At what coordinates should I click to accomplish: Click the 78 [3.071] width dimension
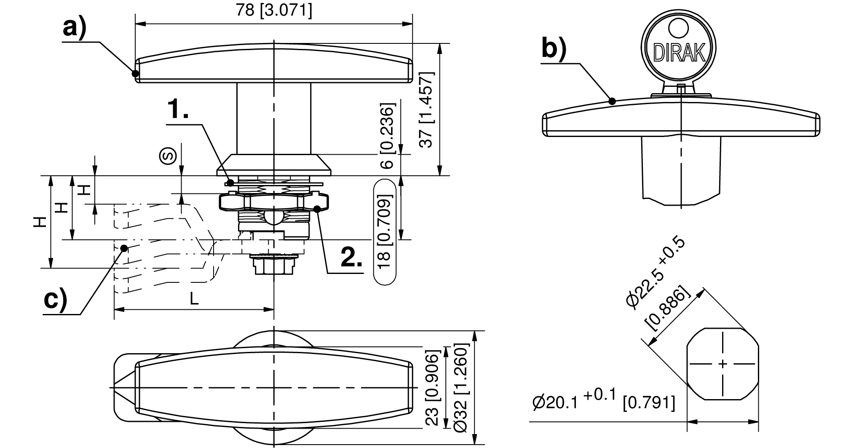[x=274, y=10]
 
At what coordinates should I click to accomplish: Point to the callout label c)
[x=56, y=300]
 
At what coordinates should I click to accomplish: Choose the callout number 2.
[x=351, y=257]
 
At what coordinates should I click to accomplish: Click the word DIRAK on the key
[x=679, y=53]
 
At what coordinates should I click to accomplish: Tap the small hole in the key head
[x=678, y=28]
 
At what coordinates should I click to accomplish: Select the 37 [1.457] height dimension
[x=427, y=110]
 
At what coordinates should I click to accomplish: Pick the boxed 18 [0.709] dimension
[x=385, y=232]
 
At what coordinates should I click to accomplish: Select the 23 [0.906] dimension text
[x=433, y=388]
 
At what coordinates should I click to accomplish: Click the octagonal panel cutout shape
[x=723, y=363]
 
